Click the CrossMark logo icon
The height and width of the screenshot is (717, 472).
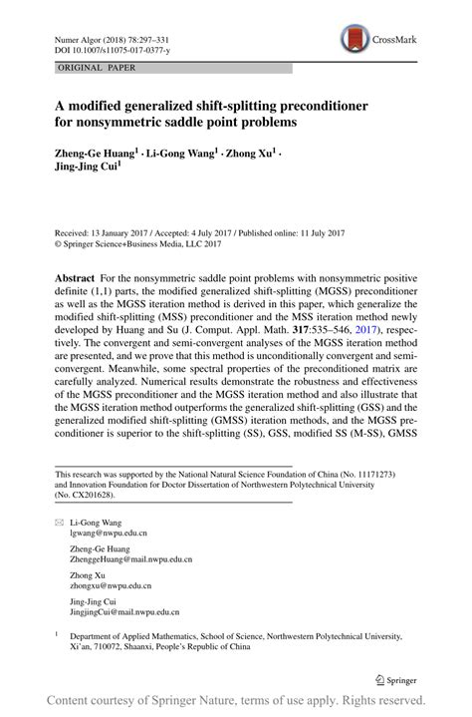pos(352,40)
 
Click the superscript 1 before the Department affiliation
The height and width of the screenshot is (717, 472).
pos(58,632)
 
